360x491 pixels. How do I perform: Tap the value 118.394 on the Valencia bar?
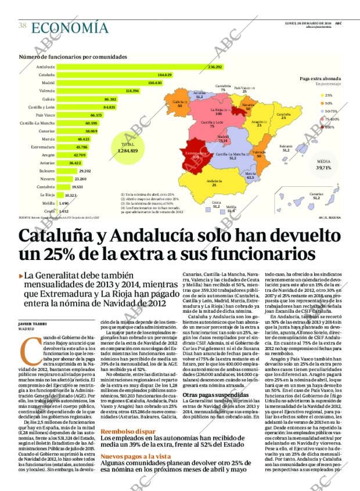pos(132,91)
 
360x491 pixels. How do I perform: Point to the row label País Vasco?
pos(45,115)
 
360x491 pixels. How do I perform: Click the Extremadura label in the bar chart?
pos(44,147)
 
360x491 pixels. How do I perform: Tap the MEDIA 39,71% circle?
pos(323,165)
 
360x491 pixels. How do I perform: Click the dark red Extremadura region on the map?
pos(195,156)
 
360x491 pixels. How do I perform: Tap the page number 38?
pos(23,26)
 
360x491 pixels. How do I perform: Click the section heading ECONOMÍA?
pos(70,27)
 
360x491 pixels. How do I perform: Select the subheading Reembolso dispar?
pos(128,432)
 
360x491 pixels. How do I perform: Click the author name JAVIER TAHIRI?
pos(33,323)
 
